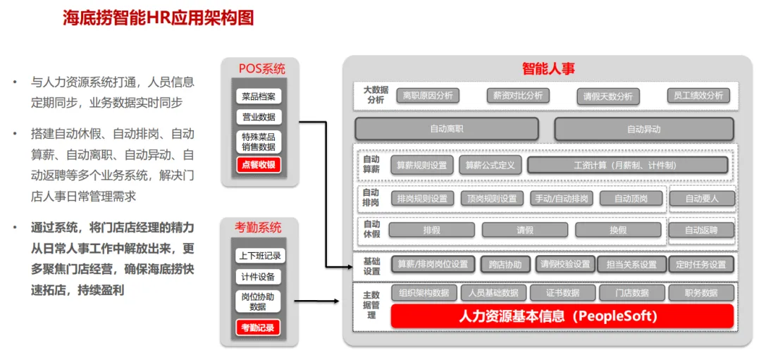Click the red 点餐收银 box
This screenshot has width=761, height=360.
(259, 165)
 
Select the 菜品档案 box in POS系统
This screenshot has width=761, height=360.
(259, 97)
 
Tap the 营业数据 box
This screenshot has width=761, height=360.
(259, 117)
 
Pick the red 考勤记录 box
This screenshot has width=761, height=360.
(258, 328)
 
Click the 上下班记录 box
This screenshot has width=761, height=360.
(258, 256)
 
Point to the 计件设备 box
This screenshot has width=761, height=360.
(258, 277)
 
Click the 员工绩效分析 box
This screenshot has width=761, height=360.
(698, 96)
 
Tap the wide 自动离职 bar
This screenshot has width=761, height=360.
(447, 129)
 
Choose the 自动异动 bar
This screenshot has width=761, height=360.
(643, 129)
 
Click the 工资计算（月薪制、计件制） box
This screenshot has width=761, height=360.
(627, 166)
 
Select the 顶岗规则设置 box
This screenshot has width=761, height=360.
(492, 199)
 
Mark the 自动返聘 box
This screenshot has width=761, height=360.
(701, 230)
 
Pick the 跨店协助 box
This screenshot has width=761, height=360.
(505, 265)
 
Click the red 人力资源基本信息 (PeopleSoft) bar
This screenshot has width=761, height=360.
(562, 316)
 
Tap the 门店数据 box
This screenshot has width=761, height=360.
(631, 293)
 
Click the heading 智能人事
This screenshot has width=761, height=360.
(548, 68)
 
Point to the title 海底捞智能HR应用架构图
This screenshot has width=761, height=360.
(158, 18)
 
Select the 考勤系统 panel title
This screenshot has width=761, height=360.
(258, 228)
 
